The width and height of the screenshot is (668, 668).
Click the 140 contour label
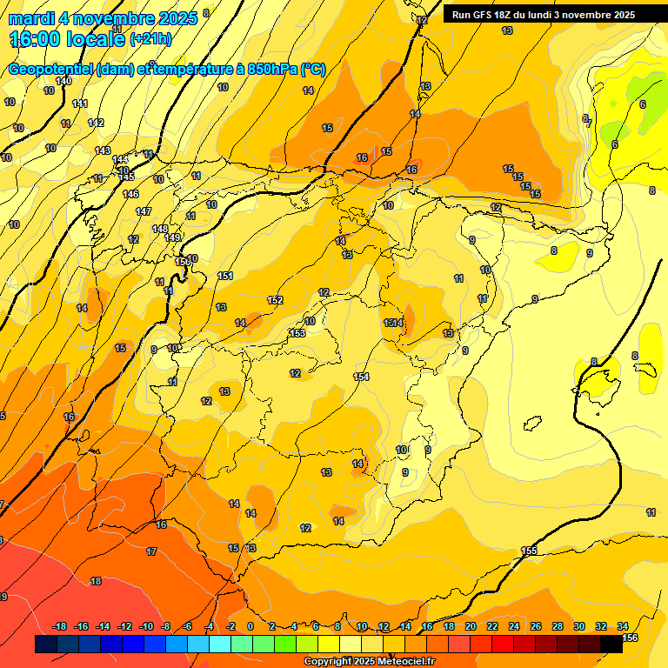(x=63, y=81)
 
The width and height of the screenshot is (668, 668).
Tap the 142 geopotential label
(x=96, y=123)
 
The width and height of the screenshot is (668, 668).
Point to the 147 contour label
(x=144, y=211)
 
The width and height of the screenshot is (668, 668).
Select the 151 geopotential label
(x=225, y=276)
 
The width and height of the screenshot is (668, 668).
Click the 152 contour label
(x=275, y=300)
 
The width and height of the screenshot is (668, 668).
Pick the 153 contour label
(x=297, y=333)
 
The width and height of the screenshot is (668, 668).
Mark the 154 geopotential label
(x=361, y=376)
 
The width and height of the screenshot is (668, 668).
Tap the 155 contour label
(x=529, y=551)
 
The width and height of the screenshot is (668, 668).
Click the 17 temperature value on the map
(x=151, y=551)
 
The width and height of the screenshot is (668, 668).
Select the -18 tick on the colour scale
(x=60, y=626)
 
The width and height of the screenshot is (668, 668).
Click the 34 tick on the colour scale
(x=623, y=626)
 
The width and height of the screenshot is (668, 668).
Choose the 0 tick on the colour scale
(x=250, y=626)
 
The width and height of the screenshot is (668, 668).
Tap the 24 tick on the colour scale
(x=513, y=626)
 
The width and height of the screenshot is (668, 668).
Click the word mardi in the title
(x=32, y=18)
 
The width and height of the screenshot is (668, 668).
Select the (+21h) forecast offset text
(x=150, y=39)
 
